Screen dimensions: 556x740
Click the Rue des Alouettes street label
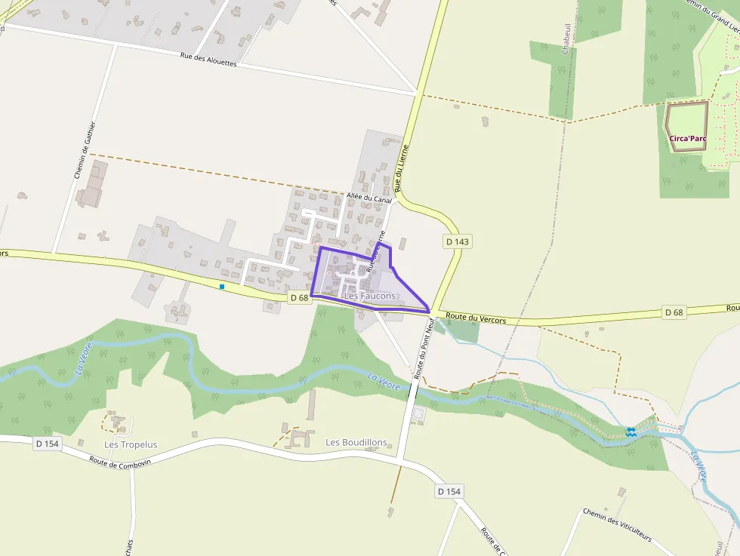point(208,60)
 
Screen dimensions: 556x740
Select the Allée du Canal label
point(369,198)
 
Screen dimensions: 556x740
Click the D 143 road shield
point(458,241)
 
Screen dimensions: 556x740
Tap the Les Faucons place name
point(369,296)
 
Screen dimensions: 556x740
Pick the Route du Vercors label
point(476,318)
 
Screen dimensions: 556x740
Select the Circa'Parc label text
point(687,138)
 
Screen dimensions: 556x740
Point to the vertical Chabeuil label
point(565,38)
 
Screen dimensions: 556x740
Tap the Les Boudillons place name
point(356,442)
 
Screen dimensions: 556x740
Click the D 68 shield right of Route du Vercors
point(674,312)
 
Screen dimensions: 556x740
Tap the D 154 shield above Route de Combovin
point(47,444)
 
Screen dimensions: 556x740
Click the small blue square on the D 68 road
point(222,287)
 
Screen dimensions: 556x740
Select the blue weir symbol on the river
point(631,431)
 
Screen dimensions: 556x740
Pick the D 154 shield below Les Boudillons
point(449,491)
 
